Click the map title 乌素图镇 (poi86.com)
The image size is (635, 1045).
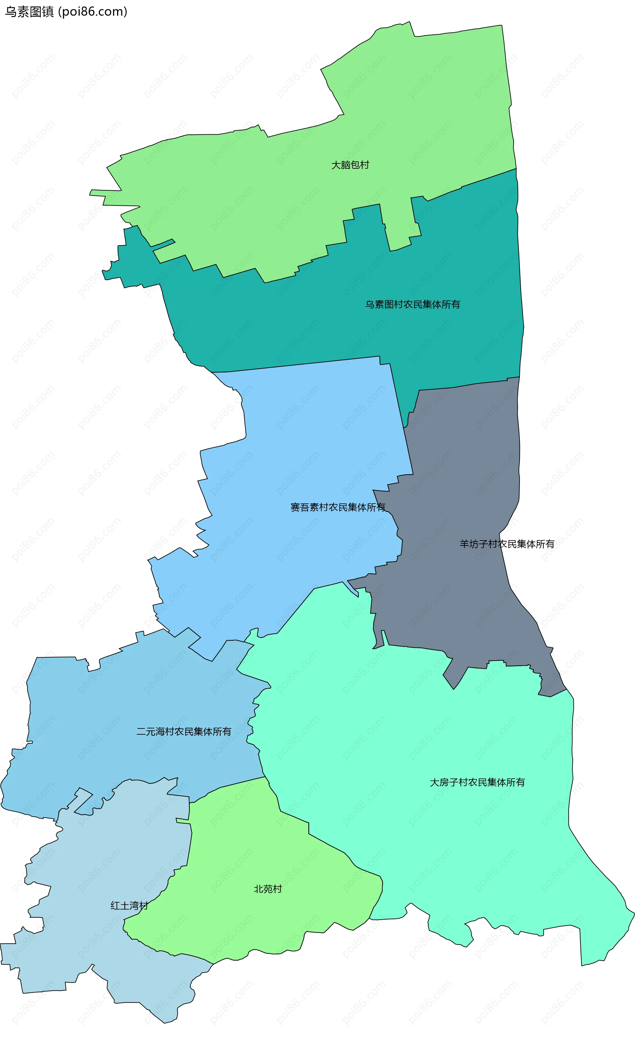click(x=66, y=12)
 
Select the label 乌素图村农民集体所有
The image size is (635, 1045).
click(x=412, y=305)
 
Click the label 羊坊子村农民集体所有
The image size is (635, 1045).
click(x=507, y=544)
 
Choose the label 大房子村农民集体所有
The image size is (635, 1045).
click(x=477, y=782)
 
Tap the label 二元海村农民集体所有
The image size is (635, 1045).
click(x=184, y=732)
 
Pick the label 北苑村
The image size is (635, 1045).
click(x=268, y=889)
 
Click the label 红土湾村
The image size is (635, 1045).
click(x=129, y=906)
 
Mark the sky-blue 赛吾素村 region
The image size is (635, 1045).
click(x=305, y=445)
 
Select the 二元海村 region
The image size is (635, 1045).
click(x=127, y=700)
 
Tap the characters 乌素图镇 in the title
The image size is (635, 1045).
click(x=29, y=12)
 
